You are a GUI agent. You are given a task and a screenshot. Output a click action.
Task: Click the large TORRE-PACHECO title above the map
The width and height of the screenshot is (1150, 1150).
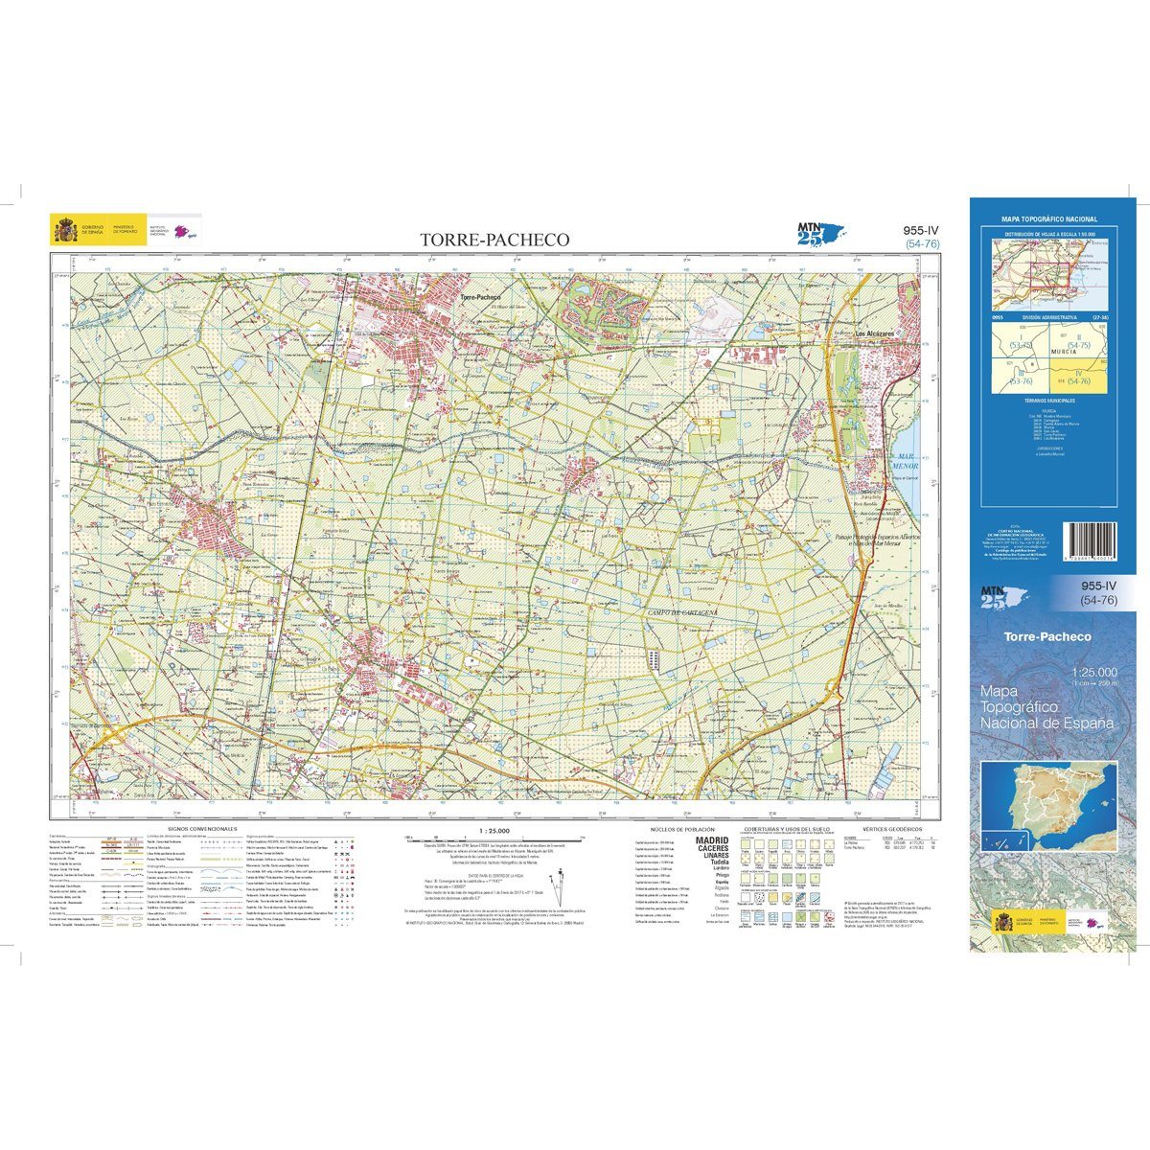[x=496, y=240]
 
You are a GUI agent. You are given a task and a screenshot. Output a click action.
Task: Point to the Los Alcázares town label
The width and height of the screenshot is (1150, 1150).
[x=874, y=333]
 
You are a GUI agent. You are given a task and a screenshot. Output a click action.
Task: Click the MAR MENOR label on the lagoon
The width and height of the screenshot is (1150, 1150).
[x=906, y=460]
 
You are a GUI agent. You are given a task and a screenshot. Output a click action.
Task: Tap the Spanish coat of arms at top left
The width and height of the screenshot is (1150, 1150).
[x=65, y=231]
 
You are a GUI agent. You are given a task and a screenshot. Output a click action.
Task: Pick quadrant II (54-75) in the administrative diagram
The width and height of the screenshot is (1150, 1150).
[x=1079, y=341]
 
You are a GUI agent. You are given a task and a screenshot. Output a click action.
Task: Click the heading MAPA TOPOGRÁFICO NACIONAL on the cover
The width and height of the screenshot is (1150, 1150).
[x=1048, y=219]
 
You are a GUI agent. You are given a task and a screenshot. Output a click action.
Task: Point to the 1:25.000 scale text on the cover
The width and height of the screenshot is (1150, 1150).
[x=1096, y=672]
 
